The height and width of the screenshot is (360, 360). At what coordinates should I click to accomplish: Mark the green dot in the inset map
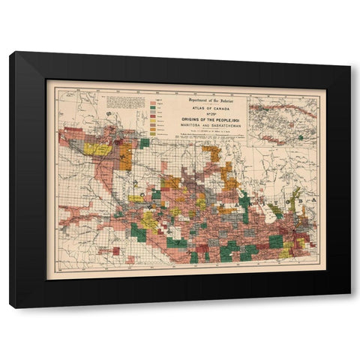[x=300, y=137]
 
